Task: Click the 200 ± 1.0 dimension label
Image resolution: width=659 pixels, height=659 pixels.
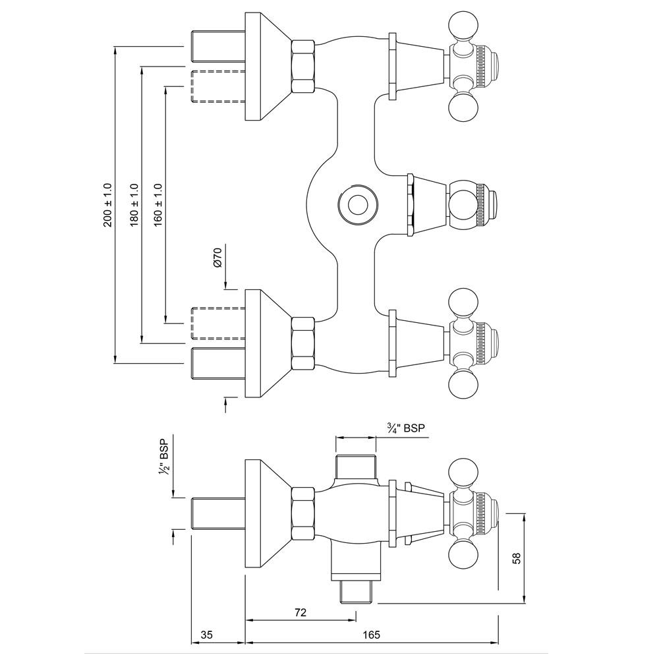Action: click(108, 205)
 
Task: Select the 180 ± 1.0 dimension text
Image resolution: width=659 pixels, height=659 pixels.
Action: click(134, 205)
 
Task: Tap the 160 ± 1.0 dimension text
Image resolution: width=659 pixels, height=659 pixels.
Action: click(158, 205)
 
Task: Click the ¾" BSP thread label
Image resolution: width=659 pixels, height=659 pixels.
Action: click(406, 428)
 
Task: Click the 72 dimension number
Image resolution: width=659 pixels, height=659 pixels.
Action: click(300, 613)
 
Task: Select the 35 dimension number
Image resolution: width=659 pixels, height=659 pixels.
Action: click(206, 635)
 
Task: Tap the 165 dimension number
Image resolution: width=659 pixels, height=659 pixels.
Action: click(372, 635)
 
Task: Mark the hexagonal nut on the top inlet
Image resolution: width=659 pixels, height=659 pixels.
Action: click(302, 66)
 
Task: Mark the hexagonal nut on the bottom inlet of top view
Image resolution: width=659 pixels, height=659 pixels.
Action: click(302, 343)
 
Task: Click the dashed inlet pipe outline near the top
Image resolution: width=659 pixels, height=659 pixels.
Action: click(217, 86)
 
